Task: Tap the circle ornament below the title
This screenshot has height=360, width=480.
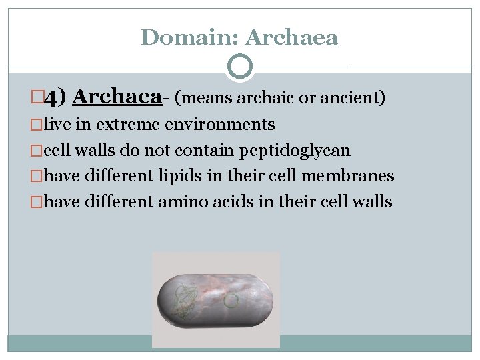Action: pos(240,67)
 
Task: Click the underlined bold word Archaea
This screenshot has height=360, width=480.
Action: pos(117,97)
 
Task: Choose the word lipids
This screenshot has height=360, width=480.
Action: pos(180,176)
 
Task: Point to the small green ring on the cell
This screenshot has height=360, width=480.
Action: pos(231,301)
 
